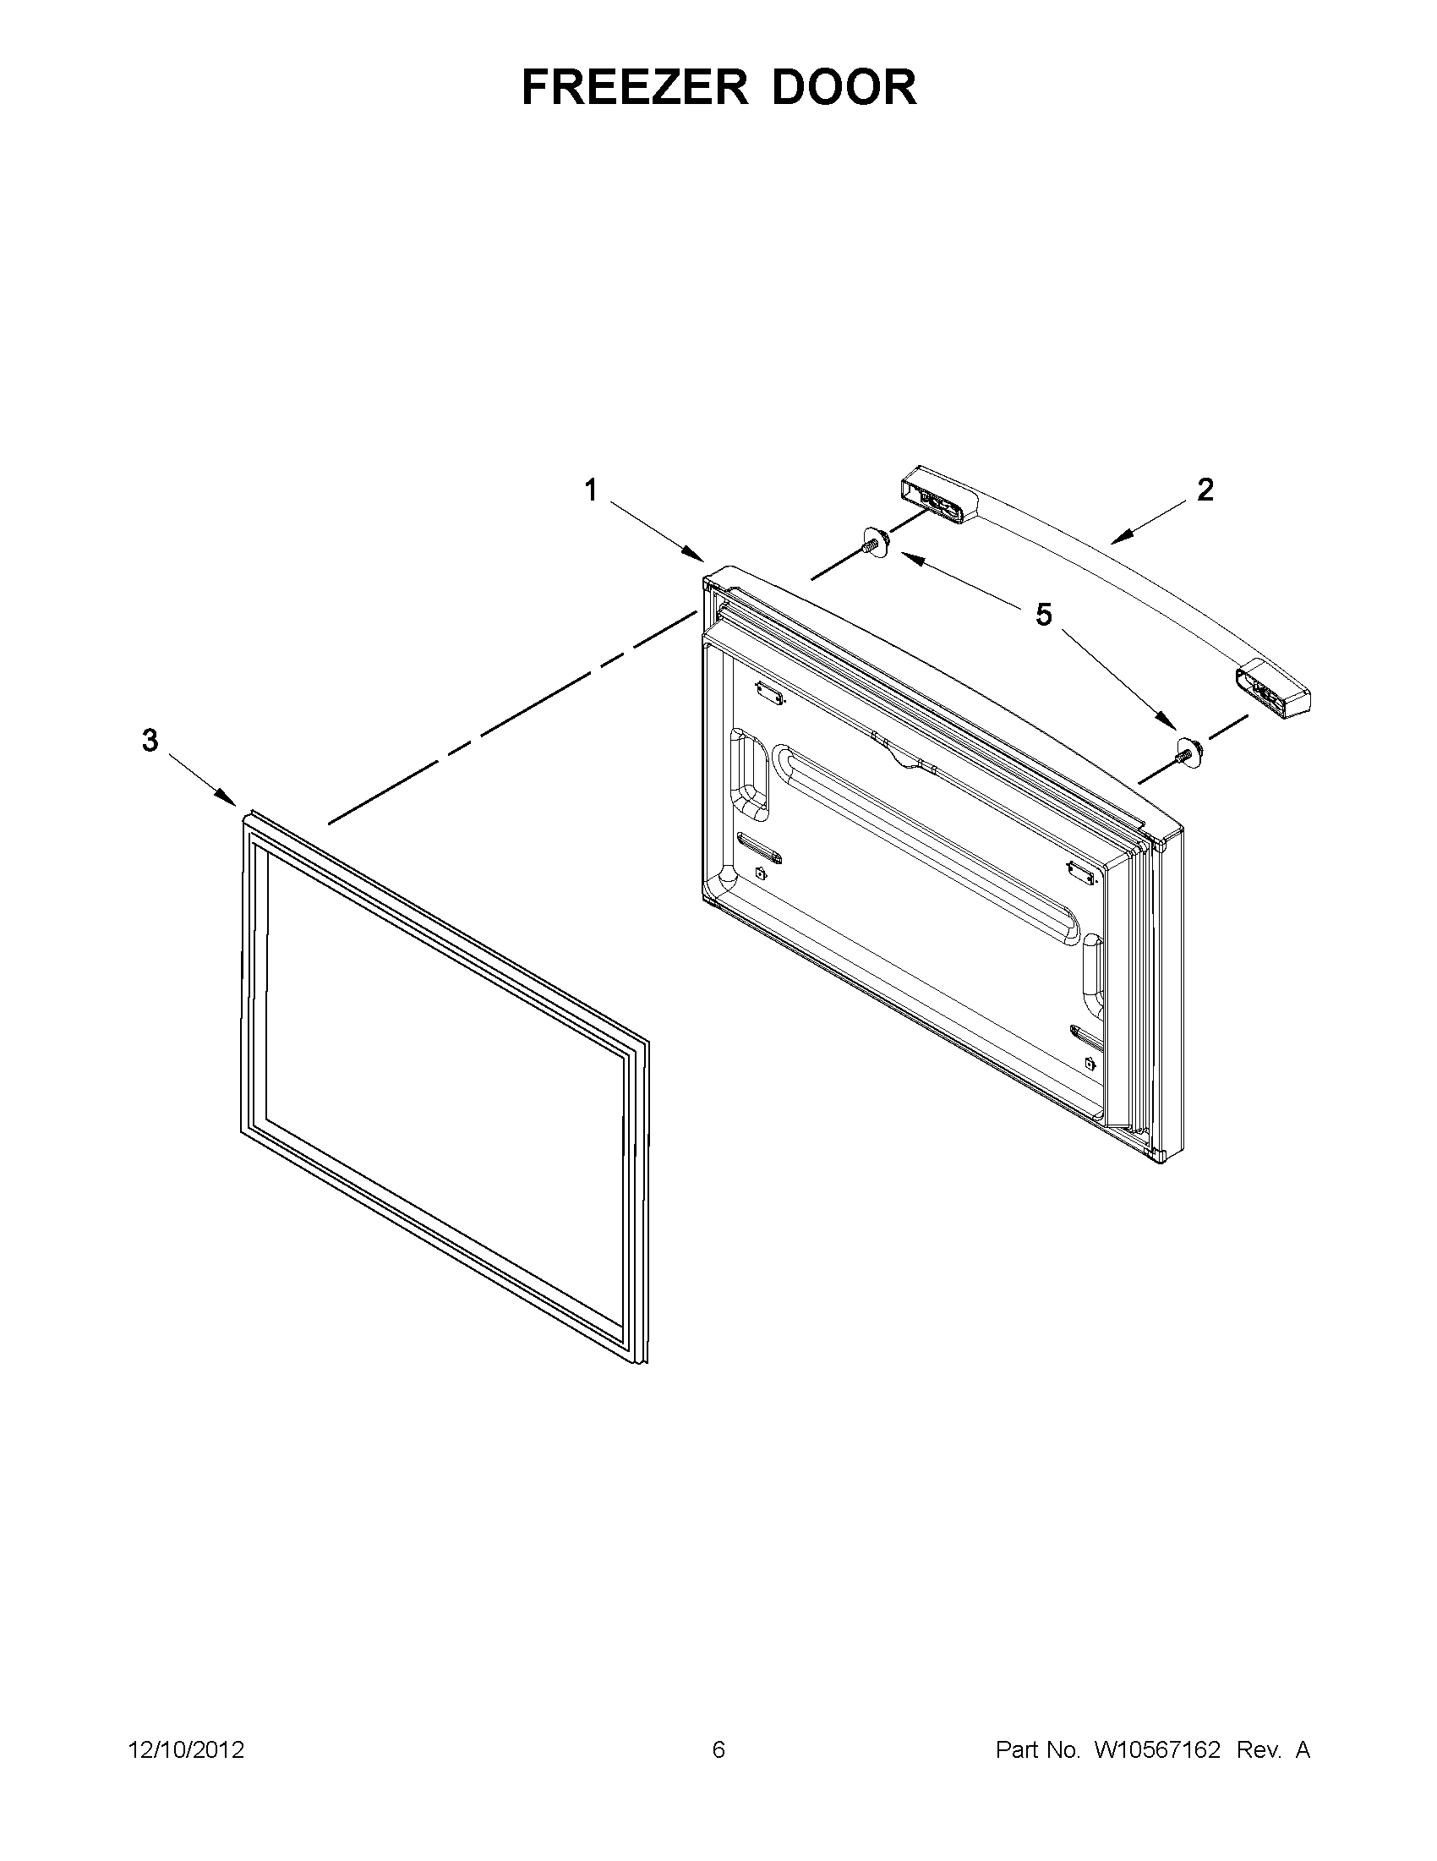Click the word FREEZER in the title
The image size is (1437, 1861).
635,87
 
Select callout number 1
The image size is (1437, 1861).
590,490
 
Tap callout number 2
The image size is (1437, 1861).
1205,490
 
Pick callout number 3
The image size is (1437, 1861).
150,741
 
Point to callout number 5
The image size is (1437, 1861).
1043,615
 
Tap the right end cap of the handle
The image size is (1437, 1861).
1273,689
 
